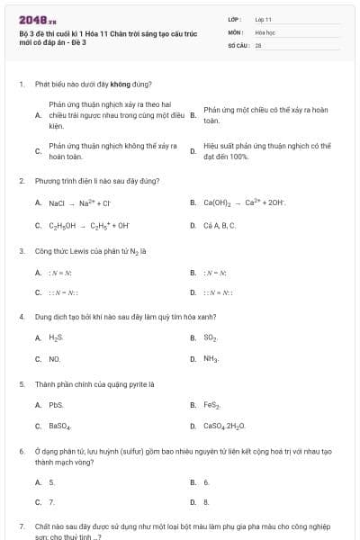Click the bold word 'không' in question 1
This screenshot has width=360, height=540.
pos(121,84)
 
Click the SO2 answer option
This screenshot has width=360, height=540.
pos(211,337)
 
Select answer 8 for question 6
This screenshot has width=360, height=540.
pos(206,502)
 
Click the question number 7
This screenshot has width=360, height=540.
pos(21,525)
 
